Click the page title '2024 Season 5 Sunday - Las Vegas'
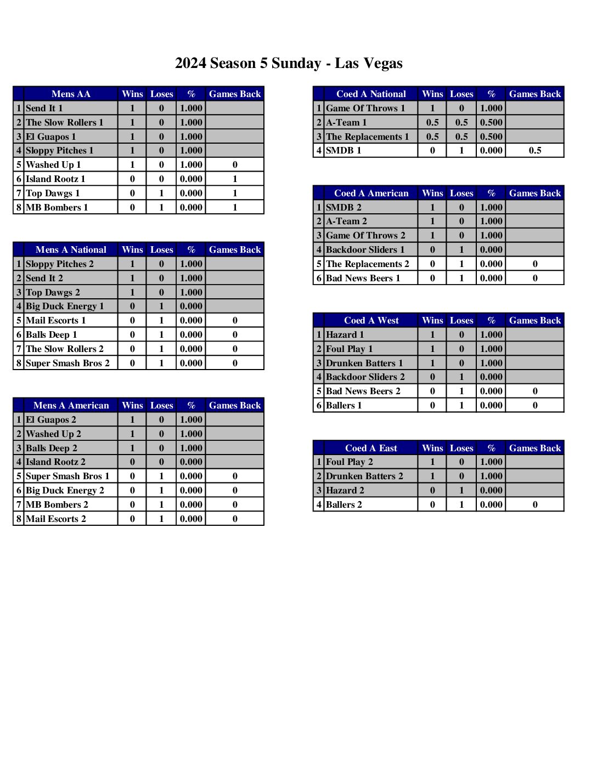[289, 64]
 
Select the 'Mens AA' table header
[71, 94]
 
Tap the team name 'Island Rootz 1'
[55, 179]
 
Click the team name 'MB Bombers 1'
[57, 207]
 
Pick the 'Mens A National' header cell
[71, 249]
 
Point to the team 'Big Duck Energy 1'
[65, 306]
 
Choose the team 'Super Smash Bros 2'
[67, 363]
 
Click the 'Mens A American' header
[71, 405]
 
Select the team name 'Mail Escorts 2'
[56, 519]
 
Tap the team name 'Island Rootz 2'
[55, 462]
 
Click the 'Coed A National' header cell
[371, 94]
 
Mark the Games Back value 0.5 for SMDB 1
[535, 150]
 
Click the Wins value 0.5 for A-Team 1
[432, 122]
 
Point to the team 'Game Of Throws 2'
[365, 235]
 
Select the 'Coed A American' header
[371, 193]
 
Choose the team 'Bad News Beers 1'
[363, 278]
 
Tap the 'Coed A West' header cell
[371, 320]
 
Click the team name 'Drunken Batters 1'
[364, 363]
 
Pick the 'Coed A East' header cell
[371, 448]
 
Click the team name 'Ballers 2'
[344, 504]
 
